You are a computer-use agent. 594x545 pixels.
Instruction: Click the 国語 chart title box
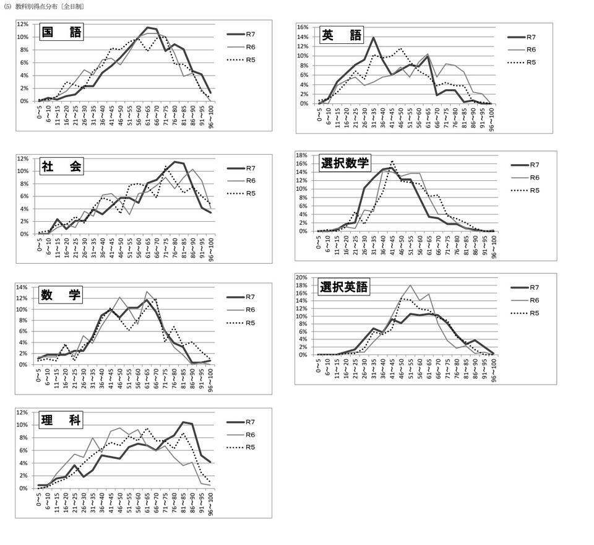[x=61, y=32]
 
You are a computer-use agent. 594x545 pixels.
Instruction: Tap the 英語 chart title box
[x=341, y=35]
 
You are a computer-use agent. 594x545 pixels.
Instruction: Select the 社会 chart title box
[x=61, y=166]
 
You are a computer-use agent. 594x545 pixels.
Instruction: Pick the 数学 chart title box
[x=61, y=295]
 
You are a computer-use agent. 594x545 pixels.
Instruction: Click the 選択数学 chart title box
[x=345, y=163]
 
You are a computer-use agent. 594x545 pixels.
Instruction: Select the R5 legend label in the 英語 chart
[x=532, y=63]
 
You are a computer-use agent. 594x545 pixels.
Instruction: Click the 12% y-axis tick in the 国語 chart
[x=22, y=24]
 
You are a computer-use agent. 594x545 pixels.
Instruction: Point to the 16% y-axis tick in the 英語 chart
[x=303, y=27]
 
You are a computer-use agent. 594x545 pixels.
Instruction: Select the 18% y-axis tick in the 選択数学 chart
[x=303, y=155]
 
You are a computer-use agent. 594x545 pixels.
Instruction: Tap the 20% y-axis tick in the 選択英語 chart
[x=303, y=277]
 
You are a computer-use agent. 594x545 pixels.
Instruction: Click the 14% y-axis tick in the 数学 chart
[x=22, y=288]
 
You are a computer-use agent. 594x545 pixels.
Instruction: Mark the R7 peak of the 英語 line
[x=373, y=38]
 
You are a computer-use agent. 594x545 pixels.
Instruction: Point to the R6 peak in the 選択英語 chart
[x=410, y=286]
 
